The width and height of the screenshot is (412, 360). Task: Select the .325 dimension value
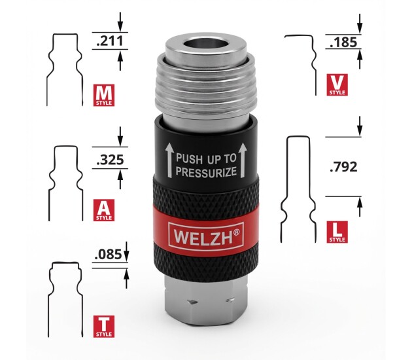[108, 159]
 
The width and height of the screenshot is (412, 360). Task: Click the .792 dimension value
[344, 167]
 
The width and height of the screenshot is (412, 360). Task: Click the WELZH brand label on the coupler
[203, 232]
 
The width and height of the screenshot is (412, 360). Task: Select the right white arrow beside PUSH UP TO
[242, 160]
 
